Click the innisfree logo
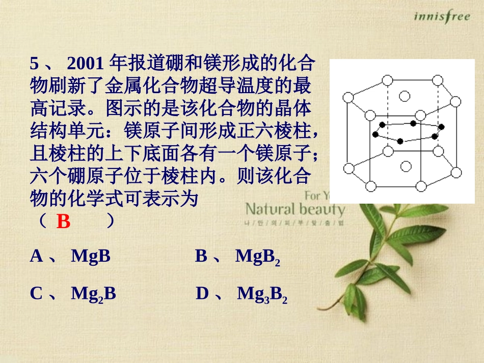tap(442, 17)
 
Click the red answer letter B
tap(63, 222)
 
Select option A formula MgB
tap(91, 256)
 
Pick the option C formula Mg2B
tap(93, 294)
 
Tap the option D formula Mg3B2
tap(262, 294)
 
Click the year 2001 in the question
tap(86, 64)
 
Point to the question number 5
tap(34, 64)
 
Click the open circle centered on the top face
tap(405, 96)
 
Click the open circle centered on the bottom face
tap(406, 166)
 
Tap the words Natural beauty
tap(295, 209)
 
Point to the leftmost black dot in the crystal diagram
tap(375, 134)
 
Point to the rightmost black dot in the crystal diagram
tap(441, 126)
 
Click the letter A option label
tap(36, 256)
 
